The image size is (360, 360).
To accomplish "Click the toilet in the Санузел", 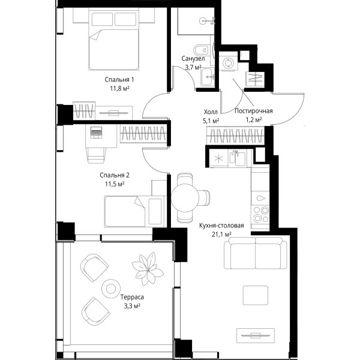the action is tap(202, 49).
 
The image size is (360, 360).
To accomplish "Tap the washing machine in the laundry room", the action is tap(229, 63).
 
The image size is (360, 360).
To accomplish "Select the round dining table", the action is tap(185, 197).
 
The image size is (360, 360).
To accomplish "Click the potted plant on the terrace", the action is tap(148, 269).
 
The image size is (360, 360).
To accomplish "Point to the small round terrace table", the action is tap(111, 289).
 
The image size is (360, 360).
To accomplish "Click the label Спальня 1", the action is tap(119, 80).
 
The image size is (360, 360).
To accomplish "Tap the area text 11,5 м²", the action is tap(115, 184).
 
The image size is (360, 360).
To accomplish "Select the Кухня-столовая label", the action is tap(221, 226).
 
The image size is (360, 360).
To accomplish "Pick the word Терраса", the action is tap(132, 297).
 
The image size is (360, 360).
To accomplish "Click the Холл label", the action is tap(211, 112).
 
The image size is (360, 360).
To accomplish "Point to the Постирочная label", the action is tap(253, 111).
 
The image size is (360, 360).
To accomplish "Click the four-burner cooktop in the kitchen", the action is tap(260, 214).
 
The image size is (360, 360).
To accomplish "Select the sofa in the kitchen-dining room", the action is tap(256, 253).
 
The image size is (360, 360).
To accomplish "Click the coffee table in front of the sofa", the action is tap(256, 295).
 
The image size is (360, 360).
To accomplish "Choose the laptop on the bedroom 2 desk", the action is tap(97, 133).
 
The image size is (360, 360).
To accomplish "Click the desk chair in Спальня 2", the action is tap(96, 155).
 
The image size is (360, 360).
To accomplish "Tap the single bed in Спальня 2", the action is tap(136, 211).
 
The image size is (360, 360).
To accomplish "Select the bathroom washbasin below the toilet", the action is tap(208, 77).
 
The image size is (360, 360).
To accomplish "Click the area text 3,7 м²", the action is tap(193, 67).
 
